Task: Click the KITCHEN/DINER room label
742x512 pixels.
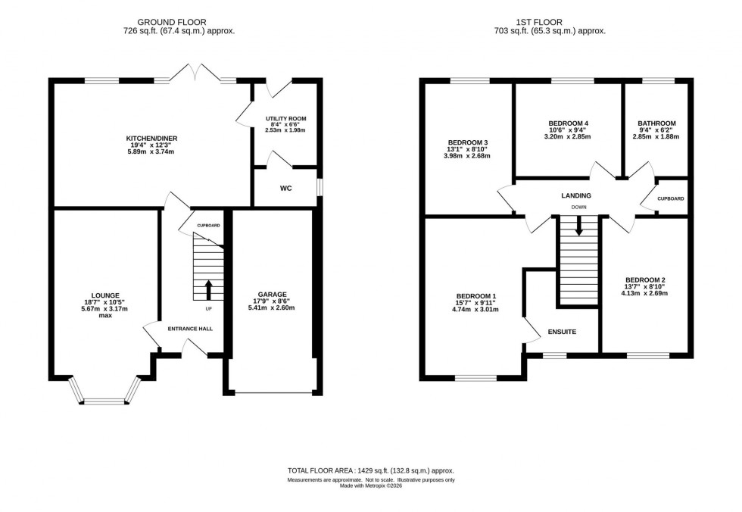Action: [151, 138]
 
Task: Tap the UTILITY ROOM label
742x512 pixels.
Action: [285, 119]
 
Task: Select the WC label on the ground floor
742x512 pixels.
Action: [285, 188]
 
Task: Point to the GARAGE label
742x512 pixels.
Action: [272, 294]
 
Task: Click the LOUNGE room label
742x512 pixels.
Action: [104, 295]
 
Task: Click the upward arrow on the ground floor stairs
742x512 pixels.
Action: [209, 289]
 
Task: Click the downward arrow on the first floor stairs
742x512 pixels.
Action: [579, 225]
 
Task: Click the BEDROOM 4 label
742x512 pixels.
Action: [568, 123]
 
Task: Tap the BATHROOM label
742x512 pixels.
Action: [656, 123]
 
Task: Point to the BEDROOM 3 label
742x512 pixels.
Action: [468, 143]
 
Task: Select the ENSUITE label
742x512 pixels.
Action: [561, 332]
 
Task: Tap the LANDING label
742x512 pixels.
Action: [576, 195]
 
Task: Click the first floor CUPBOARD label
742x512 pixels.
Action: [671, 198]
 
